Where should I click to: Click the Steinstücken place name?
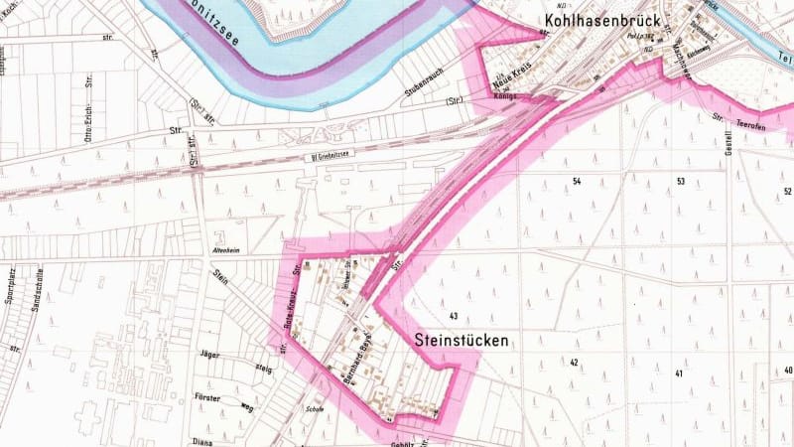tap(460, 341)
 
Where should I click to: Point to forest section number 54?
tap(576, 181)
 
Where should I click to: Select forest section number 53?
tap(681, 181)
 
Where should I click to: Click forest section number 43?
tap(453, 316)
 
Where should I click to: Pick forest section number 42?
tap(574, 363)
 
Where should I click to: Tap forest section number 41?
tap(679, 373)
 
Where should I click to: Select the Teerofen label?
tap(749, 129)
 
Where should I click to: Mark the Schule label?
tap(317, 407)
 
